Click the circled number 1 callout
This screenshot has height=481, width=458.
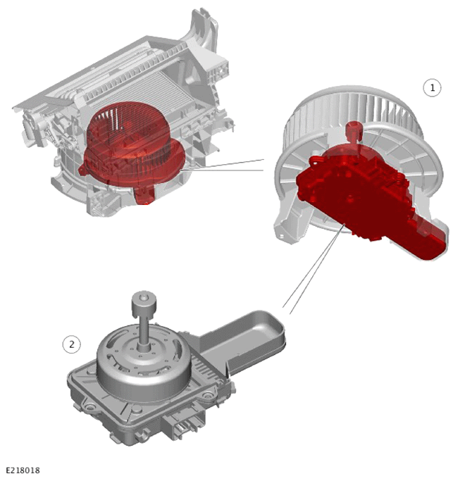coord(432,88)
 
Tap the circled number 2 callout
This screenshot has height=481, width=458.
coord(72,344)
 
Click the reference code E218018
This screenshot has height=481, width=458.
coord(23,470)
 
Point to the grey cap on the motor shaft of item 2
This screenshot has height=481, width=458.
coord(144,303)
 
